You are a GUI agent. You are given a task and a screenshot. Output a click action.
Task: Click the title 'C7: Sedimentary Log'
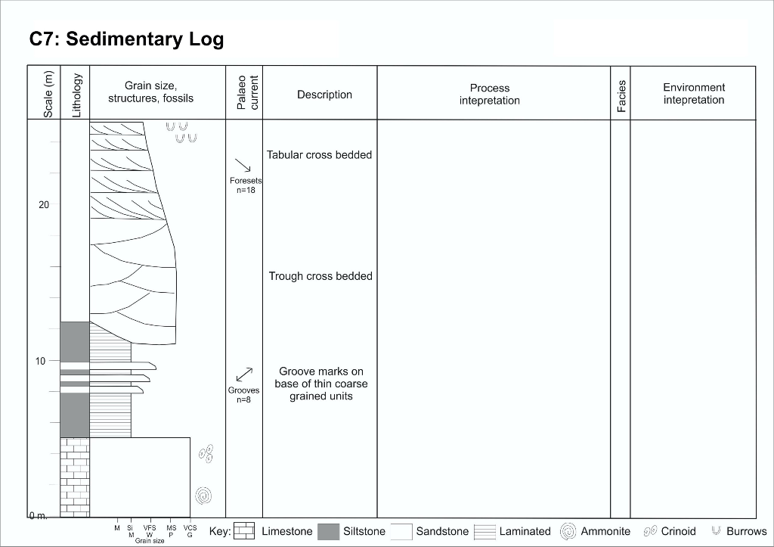(x=126, y=39)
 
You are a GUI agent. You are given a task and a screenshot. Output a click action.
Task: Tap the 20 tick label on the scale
(x=44, y=205)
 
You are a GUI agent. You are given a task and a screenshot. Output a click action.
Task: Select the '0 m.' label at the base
(x=39, y=516)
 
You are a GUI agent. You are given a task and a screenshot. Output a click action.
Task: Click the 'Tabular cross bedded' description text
(x=319, y=155)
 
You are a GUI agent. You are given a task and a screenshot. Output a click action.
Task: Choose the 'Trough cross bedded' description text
(x=320, y=276)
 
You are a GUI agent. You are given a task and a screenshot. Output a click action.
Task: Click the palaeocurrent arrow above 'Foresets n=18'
(x=243, y=165)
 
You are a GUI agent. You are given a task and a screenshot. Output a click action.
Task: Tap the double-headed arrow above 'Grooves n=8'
(x=243, y=374)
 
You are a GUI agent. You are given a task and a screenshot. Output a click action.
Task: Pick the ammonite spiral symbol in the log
(x=203, y=496)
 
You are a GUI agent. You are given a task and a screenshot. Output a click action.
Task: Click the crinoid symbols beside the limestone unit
(x=206, y=453)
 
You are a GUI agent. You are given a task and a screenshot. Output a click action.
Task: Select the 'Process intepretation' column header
(x=490, y=95)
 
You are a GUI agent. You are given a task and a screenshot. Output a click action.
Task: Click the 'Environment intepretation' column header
(x=693, y=94)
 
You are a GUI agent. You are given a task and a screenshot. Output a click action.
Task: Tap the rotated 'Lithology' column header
(x=76, y=95)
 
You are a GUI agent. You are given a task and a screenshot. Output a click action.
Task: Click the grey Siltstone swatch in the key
(x=328, y=531)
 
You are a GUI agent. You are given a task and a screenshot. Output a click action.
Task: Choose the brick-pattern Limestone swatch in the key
(x=244, y=531)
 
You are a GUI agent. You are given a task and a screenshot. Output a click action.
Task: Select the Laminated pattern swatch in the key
(x=485, y=531)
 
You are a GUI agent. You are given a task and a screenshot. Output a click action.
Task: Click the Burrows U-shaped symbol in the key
(x=715, y=531)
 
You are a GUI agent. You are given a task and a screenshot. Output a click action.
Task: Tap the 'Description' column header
(x=324, y=95)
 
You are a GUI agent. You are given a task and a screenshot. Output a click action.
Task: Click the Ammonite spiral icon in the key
(x=568, y=531)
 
